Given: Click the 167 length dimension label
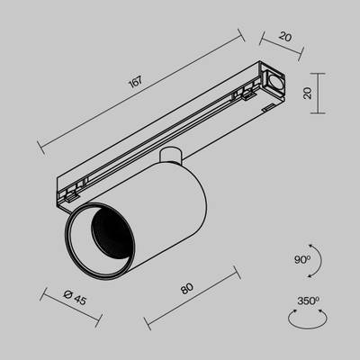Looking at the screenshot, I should point(136,84).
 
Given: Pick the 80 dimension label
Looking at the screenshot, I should point(187,289).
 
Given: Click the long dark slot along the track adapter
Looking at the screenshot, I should point(180,134).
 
